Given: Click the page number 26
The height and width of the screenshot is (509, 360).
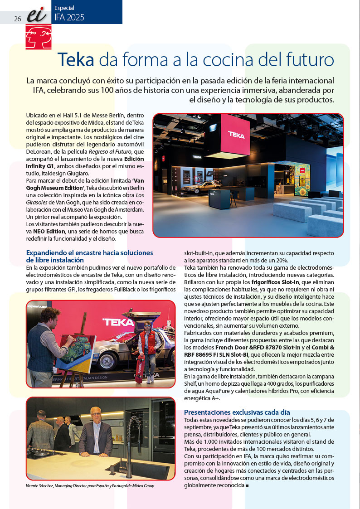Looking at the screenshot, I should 18,19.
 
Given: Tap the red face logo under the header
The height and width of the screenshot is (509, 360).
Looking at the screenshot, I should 39,37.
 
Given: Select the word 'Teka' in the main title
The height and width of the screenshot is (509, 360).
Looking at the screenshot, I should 76,60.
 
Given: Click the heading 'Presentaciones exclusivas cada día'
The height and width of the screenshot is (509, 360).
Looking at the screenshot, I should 237,412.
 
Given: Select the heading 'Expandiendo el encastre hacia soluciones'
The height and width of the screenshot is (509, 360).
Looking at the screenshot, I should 90,252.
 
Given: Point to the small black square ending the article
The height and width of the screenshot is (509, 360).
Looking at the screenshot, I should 247,485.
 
